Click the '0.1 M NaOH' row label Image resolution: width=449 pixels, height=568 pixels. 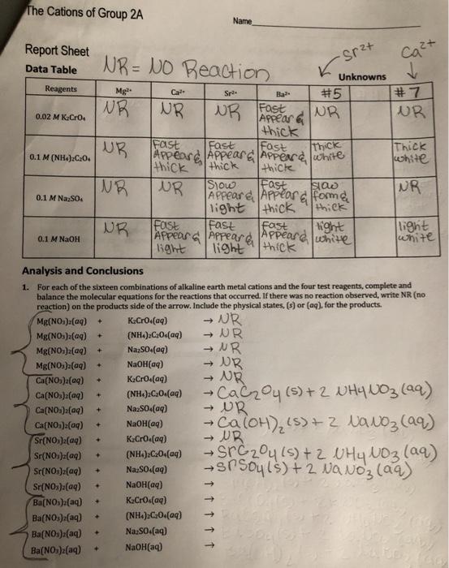[56, 239]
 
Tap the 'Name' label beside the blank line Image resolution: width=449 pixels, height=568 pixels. [243, 21]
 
